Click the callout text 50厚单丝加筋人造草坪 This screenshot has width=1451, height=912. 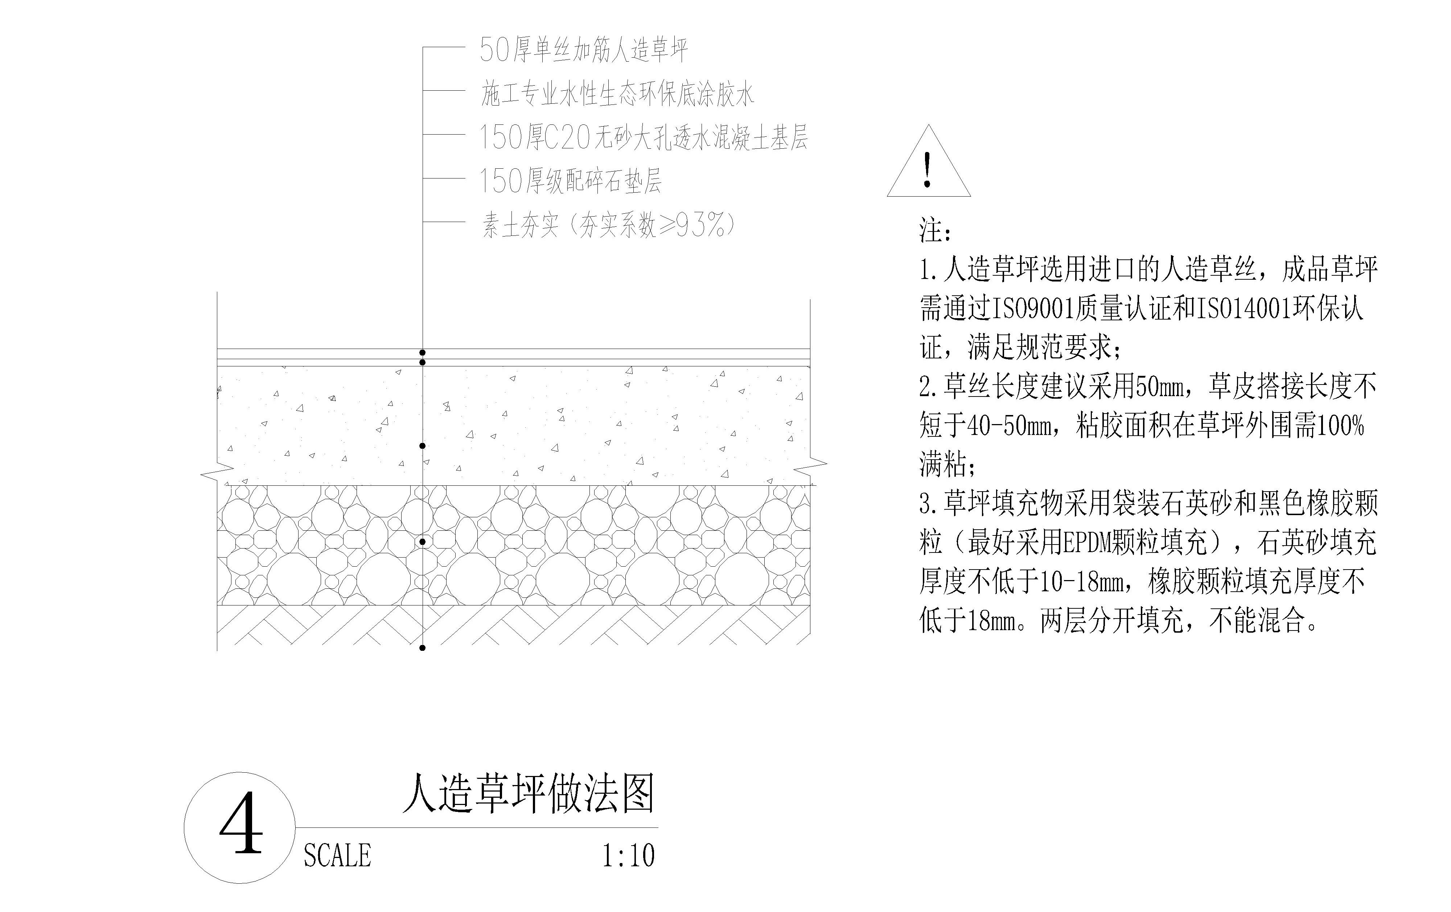583,49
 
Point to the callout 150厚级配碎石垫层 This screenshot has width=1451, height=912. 570,180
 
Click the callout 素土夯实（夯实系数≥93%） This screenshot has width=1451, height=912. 609,225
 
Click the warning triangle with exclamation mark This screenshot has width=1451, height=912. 929,161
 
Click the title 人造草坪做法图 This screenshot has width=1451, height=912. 529,794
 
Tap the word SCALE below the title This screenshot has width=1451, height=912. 337,855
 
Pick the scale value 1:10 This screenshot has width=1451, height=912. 629,855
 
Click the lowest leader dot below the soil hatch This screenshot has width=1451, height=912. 422,648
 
